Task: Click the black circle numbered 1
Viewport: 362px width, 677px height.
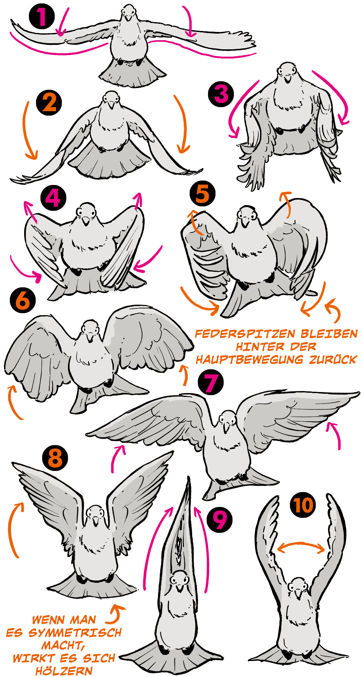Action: pyautogui.click(x=41, y=16)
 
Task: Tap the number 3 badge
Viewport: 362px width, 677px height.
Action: pyautogui.click(x=221, y=94)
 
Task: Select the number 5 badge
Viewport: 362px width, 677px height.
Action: pyautogui.click(x=203, y=193)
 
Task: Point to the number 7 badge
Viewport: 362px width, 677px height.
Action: pyautogui.click(x=211, y=382)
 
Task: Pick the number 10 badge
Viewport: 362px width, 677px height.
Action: pyautogui.click(x=303, y=505)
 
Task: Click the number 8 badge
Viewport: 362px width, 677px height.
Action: pyautogui.click(x=55, y=458)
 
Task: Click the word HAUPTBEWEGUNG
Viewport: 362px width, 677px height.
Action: pyautogui.click(x=249, y=359)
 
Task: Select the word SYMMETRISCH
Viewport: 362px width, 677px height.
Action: pyautogui.click(x=75, y=633)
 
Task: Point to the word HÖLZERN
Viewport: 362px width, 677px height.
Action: pyautogui.click(x=64, y=671)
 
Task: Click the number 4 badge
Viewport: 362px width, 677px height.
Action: pyautogui.click(x=53, y=198)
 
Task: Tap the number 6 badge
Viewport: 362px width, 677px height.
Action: pyautogui.click(x=23, y=301)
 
